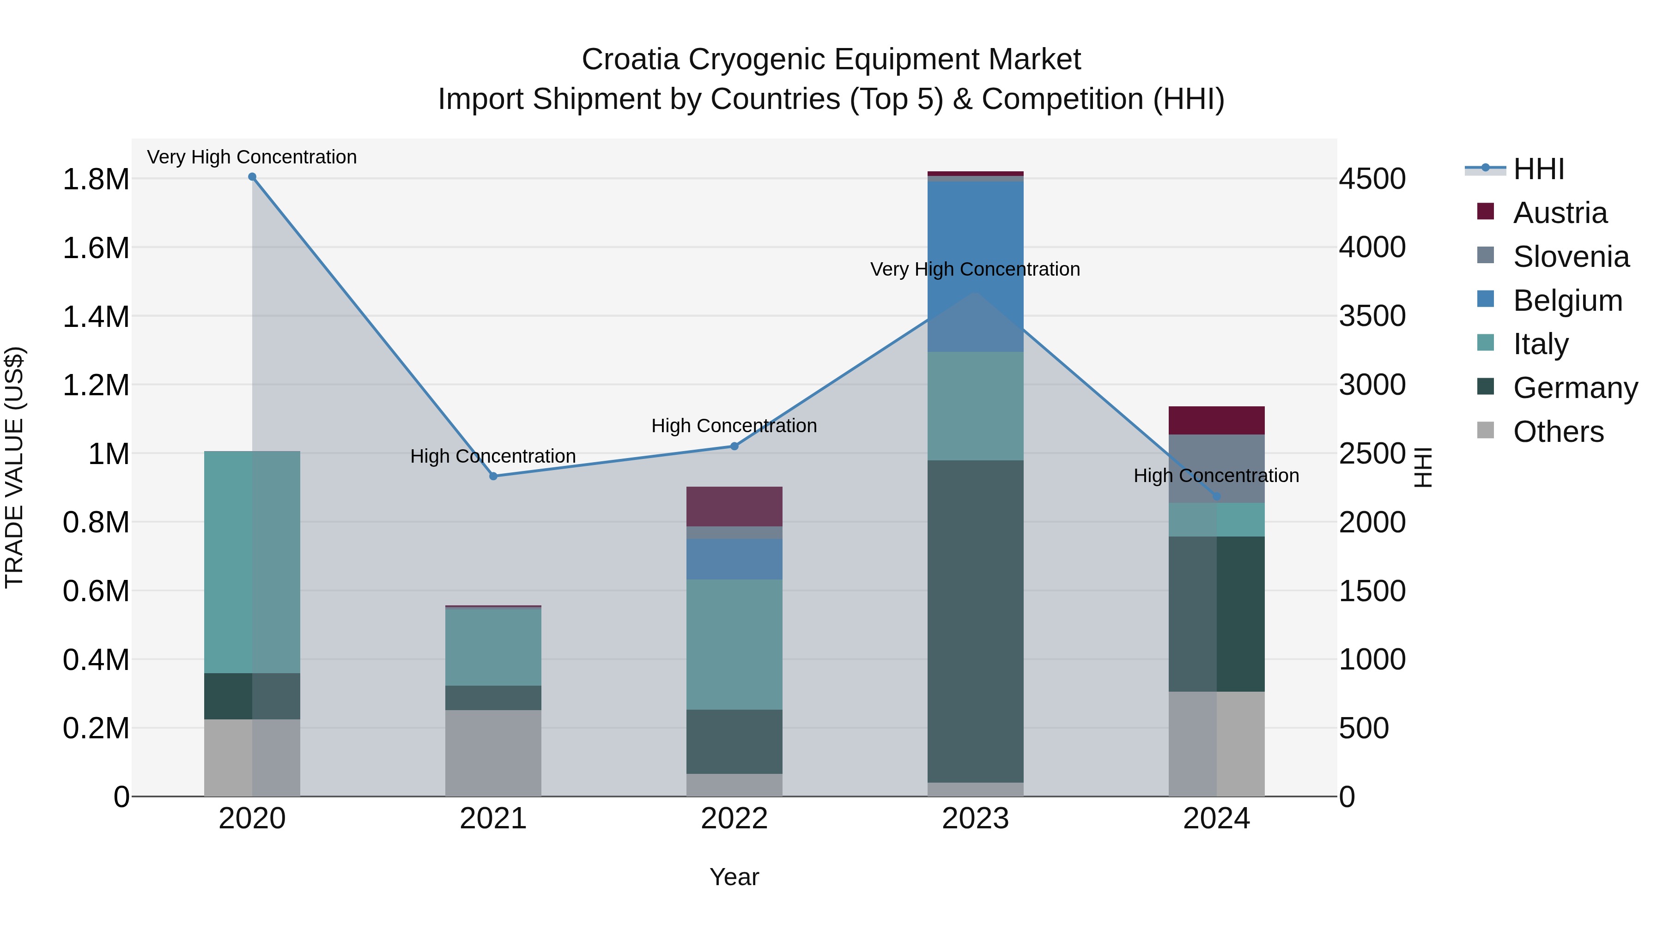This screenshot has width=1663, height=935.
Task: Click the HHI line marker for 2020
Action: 252,177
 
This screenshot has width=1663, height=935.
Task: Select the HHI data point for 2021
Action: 493,476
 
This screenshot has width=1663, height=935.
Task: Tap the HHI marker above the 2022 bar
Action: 734,446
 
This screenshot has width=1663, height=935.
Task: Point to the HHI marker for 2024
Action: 1216,496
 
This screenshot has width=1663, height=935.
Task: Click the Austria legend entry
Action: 1559,213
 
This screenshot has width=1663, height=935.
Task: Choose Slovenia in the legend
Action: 1571,257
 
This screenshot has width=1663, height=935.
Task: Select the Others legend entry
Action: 1558,432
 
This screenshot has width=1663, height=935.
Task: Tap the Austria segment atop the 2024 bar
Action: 1216,420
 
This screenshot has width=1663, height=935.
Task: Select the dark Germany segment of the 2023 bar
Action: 976,620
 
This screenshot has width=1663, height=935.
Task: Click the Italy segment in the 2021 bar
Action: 493,646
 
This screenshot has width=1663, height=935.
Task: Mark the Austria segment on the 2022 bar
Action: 734,507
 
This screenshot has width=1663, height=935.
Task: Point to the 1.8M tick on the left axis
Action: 96,180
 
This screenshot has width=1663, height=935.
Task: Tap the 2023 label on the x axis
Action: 976,819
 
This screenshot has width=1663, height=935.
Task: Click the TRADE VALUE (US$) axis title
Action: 14,467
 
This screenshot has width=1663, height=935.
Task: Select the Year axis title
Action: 734,877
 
